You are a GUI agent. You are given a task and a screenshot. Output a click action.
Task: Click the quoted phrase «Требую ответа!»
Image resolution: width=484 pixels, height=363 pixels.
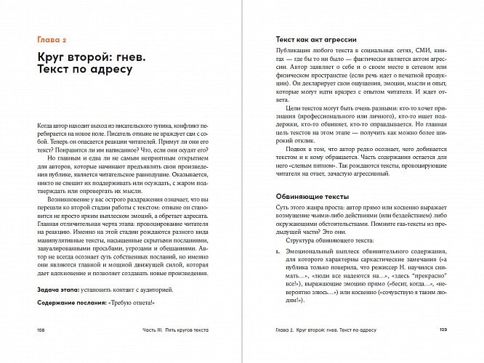pos(137,322)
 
